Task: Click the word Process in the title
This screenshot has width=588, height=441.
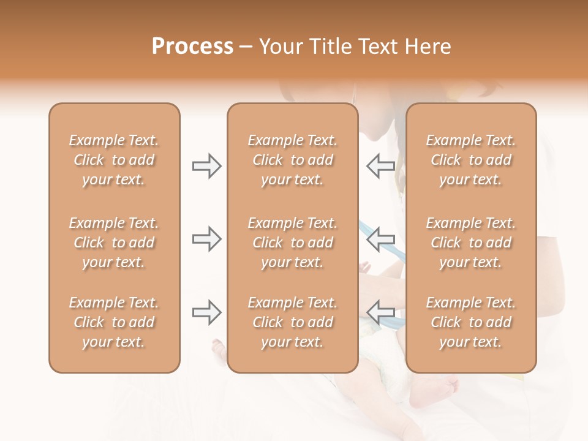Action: tap(192, 47)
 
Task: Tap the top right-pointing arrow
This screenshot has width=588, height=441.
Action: tap(207, 166)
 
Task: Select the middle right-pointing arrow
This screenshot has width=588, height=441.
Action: tap(207, 239)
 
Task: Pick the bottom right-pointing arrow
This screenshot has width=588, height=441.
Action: tap(207, 312)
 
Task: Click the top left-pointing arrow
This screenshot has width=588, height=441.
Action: tap(380, 166)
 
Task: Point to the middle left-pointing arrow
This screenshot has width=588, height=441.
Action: tap(380, 239)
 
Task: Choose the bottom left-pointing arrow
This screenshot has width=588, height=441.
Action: tap(380, 312)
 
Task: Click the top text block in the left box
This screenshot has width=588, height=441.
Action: tap(114, 160)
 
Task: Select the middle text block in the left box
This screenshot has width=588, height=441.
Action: tap(114, 243)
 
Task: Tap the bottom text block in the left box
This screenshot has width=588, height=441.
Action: tap(114, 322)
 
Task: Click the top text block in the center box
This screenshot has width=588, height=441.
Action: tap(293, 160)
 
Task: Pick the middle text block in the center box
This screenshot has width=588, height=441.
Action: tap(293, 243)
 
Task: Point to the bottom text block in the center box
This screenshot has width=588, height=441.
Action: tap(293, 322)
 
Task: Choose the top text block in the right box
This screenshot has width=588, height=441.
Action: tap(471, 160)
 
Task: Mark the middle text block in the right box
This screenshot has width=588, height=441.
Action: tap(471, 243)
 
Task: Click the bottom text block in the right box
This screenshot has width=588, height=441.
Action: tap(471, 322)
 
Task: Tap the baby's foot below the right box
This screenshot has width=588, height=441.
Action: tap(438, 390)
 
